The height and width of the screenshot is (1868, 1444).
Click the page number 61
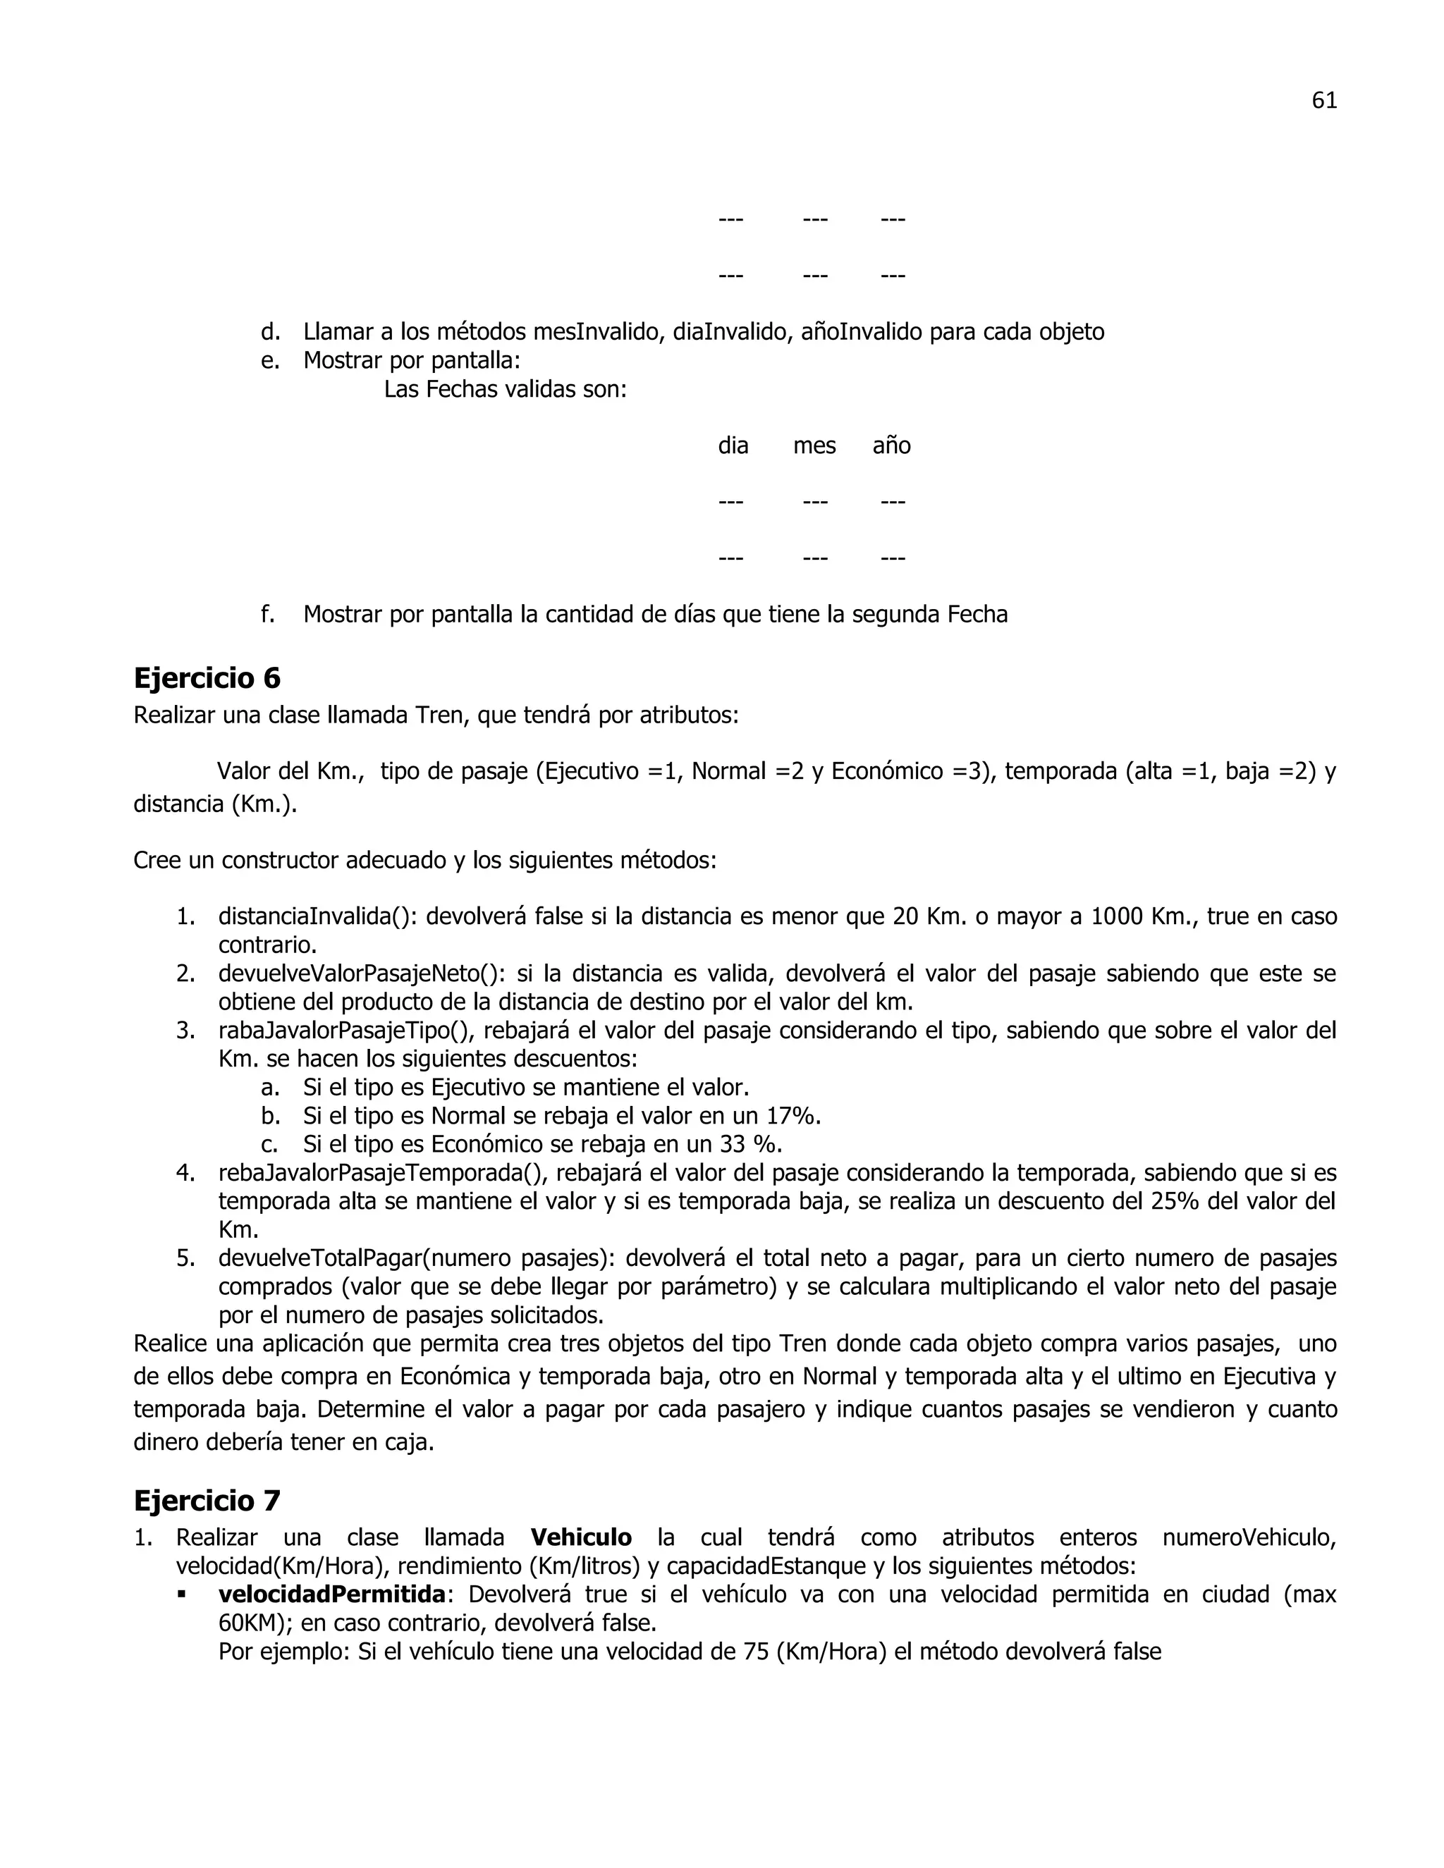point(1323,101)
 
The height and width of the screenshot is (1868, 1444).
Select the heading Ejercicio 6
point(207,678)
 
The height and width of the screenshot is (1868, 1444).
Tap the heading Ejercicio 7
point(207,1500)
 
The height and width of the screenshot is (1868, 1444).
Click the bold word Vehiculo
point(581,1537)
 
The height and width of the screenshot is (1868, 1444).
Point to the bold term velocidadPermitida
point(332,1594)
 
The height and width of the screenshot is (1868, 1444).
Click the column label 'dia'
point(733,446)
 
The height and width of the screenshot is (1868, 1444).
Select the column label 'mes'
point(814,446)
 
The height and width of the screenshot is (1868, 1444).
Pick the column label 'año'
point(891,446)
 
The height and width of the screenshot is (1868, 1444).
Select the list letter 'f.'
point(268,614)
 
